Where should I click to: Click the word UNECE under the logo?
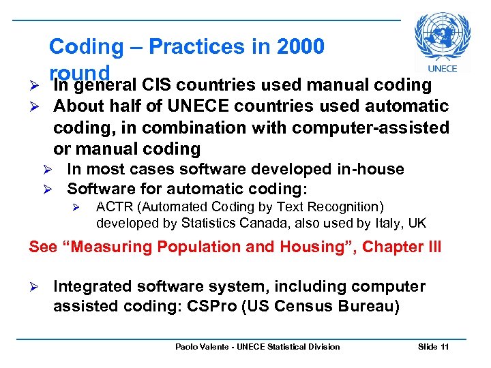[442, 68]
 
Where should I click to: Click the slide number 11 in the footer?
[445, 347]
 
